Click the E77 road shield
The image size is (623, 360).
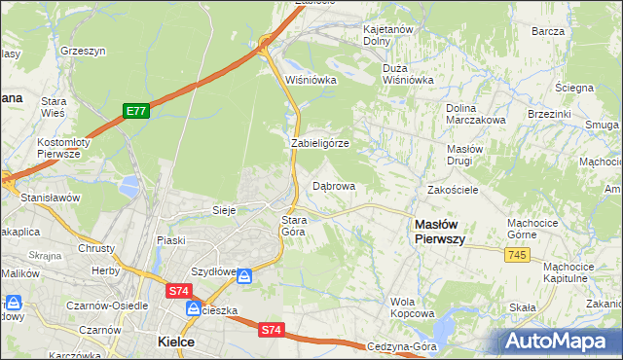(x=135, y=112)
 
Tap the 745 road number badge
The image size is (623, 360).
(x=517, y=254)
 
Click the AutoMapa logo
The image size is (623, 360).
(x=563, y=342)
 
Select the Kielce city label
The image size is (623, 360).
(x=176, y=342)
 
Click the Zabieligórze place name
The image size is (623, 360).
(x=320, y=143)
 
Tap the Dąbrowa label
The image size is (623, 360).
(x=333, y=185)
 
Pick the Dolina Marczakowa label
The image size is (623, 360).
(x=475, y=114)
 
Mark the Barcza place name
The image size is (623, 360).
(x=548, y=31)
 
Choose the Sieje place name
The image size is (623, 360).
(x=225, y=209)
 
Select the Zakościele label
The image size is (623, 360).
(x=453, y=190)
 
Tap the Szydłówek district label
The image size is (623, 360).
(x=214, y=272)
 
